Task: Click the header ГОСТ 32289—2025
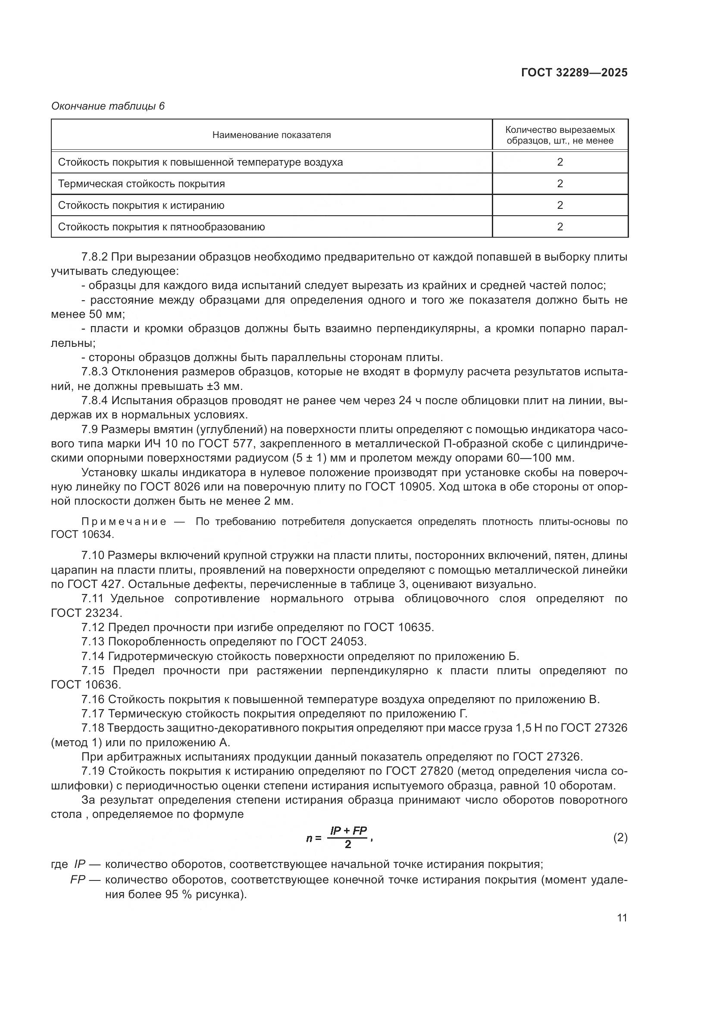click(x=574, y=72)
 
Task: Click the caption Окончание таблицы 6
click(x=108, y=106)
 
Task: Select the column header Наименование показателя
click(x=271, y=135)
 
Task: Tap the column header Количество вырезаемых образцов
click(x=560, y=135)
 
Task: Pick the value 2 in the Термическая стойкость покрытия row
click(x=560, y=184)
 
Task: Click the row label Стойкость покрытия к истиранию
click(x=141, y=205)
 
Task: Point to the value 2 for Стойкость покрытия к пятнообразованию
click(x=560, y=227)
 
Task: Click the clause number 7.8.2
click(x=94, y=257)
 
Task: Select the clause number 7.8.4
click(x=94, y=400)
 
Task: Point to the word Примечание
click(x=124, y=522)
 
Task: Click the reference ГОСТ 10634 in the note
click(x=81, y=535)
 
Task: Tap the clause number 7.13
click(x=93, y=641)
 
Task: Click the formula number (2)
click(x=620, y=838)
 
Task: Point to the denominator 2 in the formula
click(x=348, y=844)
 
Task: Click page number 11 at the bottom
click(x=622, y=918)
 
